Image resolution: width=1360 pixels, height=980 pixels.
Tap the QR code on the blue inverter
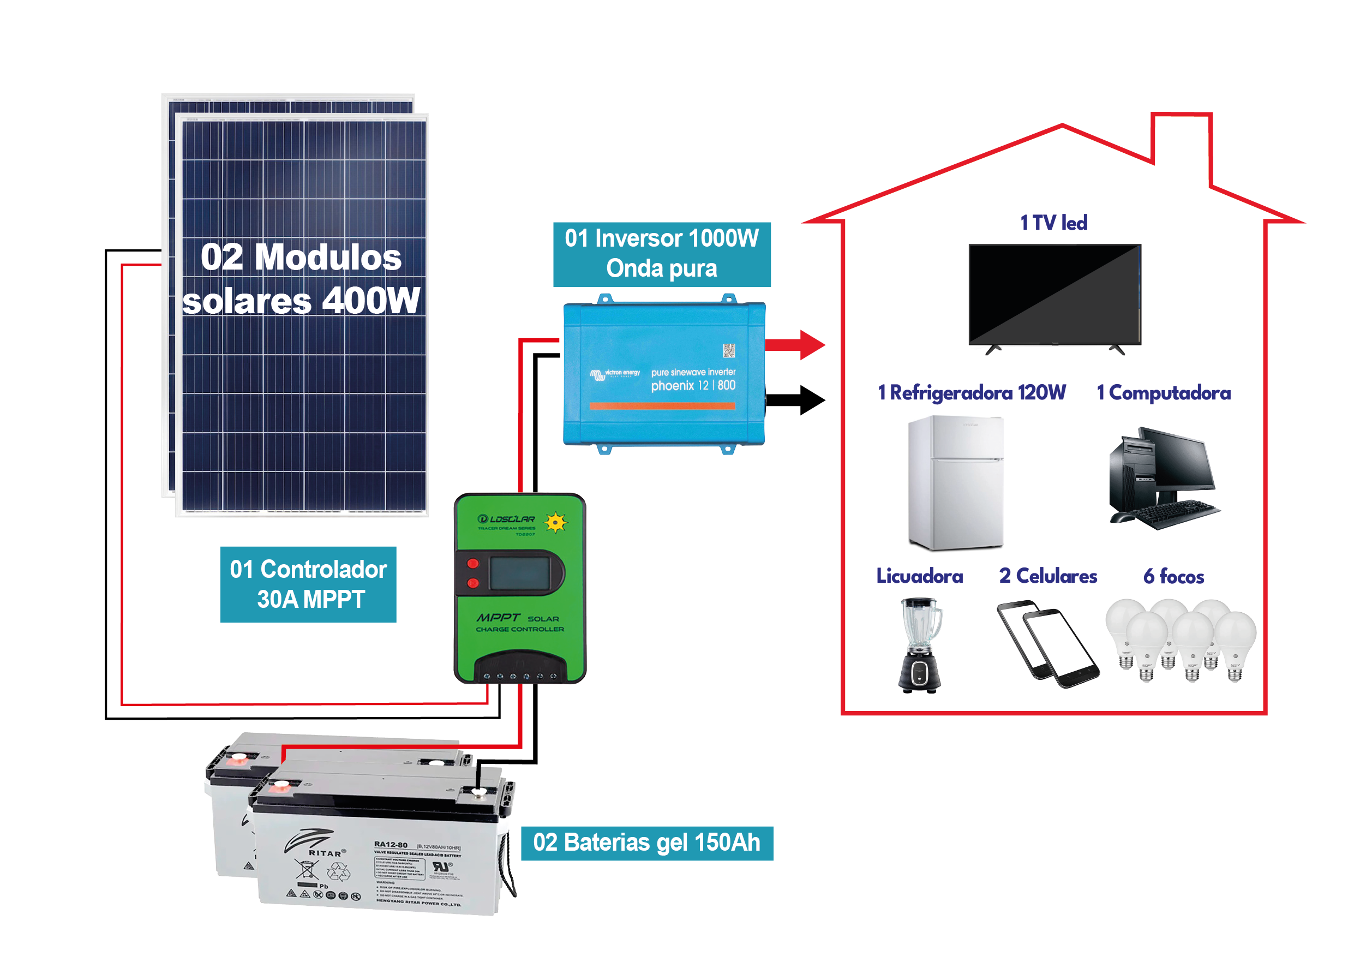(729, 350)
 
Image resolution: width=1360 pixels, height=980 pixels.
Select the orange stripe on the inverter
(662, 406)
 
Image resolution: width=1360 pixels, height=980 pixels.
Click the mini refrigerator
(955, 482)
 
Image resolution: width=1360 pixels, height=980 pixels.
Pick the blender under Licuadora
(920, 645)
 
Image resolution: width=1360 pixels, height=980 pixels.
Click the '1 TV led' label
(1053, 223)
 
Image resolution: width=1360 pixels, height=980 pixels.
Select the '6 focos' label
(1173, 576)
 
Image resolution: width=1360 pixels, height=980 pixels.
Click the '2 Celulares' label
(1047, 576)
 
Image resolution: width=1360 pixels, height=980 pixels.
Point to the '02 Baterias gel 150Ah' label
(646, 842)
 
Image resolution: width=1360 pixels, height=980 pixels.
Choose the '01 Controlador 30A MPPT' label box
(308, 584)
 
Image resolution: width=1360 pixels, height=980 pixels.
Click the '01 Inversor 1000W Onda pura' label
(661, 254)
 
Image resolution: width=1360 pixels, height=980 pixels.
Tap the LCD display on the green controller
(519, 573)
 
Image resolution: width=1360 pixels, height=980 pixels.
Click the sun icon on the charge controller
(556, 522)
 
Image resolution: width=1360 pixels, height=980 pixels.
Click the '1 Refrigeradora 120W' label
(972, 393)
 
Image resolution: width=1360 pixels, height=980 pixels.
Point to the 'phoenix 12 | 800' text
(693, 386)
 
